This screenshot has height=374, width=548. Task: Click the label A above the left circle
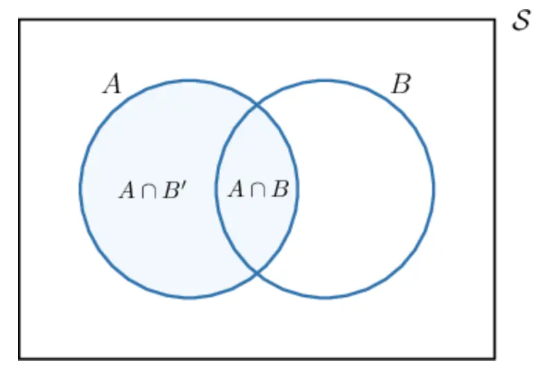112,85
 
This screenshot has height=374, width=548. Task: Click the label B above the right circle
400,85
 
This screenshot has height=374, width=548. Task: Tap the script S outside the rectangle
521,21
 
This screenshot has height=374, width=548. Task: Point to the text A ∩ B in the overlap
257,189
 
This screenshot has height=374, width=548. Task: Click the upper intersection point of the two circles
257,105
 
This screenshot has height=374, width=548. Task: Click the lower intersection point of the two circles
257,273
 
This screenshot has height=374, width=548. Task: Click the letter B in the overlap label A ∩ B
279,189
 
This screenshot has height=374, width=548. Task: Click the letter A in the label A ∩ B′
128,190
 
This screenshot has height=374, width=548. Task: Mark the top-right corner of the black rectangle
494,20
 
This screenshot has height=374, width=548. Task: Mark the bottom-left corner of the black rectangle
19,358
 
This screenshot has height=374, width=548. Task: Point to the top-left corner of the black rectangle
19,20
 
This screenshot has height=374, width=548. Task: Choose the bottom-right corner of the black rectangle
494,358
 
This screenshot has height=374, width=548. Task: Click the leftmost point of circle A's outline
80,188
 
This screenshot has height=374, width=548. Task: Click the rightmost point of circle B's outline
434,188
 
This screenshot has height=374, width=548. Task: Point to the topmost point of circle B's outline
325,80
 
